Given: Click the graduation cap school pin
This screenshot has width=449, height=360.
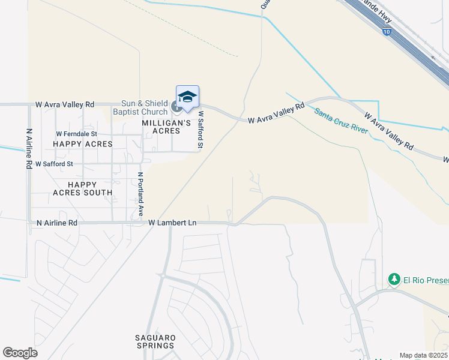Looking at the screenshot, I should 187,97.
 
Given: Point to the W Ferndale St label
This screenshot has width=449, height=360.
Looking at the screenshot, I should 76,134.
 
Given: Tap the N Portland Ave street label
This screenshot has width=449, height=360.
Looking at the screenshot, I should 140,194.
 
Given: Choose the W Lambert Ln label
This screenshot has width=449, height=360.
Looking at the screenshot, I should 173,223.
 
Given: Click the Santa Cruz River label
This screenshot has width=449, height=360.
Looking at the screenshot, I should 341,122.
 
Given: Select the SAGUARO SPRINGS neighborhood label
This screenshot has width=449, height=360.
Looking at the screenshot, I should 155,341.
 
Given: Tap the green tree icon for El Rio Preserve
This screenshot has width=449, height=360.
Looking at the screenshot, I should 394,280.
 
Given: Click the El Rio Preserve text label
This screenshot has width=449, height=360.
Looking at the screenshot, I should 426,280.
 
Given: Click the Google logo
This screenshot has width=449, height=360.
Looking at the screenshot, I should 20,353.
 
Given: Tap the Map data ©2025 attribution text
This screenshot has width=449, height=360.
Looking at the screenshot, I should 423,355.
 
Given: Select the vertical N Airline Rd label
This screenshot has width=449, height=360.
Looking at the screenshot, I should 29,148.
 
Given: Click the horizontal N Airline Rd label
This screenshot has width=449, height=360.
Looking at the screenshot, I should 56,223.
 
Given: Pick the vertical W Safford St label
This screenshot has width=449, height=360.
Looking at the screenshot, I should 201,129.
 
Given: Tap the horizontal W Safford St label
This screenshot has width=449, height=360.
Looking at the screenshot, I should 54,163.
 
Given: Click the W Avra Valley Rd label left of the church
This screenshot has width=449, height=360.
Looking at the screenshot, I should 65,104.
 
